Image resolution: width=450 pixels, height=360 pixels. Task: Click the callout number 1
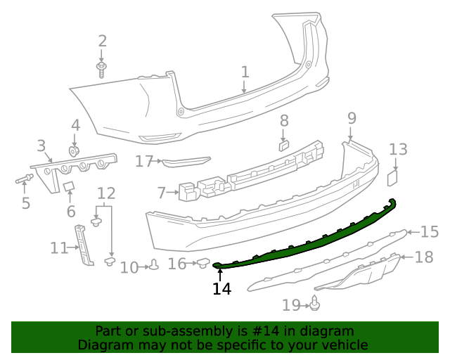coord(245,72)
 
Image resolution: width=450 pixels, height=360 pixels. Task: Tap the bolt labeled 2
coord(103,67)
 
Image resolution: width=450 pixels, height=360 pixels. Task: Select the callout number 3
coord(41,146)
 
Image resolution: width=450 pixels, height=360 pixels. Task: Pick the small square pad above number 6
coord(69,186)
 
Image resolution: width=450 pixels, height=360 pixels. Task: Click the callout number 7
coord(161,192)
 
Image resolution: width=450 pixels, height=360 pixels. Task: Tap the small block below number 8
coord(283,146)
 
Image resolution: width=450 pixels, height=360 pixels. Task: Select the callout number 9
coord(352,117)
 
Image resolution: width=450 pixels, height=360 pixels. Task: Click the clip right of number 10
coord(153,266)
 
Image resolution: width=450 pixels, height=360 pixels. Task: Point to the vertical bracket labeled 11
coord(85,245)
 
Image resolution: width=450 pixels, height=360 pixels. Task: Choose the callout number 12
coord(106,193)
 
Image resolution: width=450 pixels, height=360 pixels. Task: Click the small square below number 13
coord(394,178)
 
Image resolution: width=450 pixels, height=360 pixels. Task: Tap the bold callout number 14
coord(221,288)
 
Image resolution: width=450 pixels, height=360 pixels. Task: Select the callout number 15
coord(429,231)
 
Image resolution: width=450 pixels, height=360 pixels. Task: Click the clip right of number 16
coord(202,264)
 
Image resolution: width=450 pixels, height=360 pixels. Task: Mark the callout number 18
coord(424,257)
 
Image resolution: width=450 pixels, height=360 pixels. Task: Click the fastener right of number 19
coord(316,304)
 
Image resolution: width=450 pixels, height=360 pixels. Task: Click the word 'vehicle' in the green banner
coord(342,345)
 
